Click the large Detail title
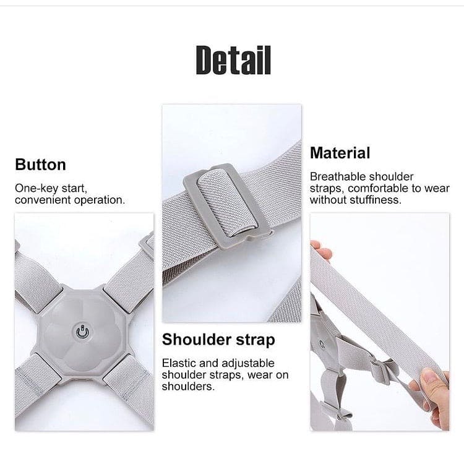(x=233, y=60)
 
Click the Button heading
(x=41, y=165)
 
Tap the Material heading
(x=340, y=153)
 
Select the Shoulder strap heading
(x=218, y=340)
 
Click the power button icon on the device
(x=82, y=332)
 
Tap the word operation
(x=100, y=200)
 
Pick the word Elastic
(x=179, y=363)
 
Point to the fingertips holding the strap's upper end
(x=322, y=251)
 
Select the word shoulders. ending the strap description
(x=188, y=387)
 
